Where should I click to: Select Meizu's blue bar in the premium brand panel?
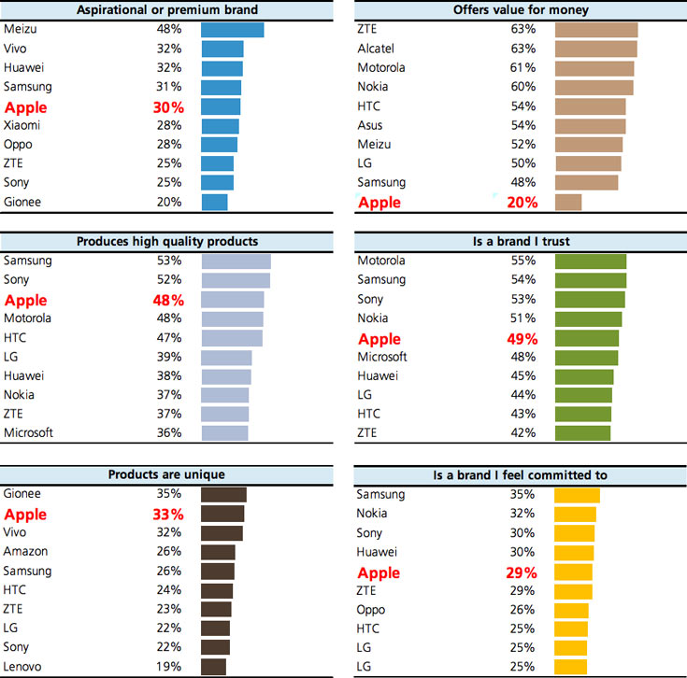(232, 29)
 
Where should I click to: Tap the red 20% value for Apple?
(522, 203)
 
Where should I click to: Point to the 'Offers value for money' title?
(521, 9)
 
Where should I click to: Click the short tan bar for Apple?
(568, 202)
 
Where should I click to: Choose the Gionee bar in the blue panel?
(214, 202)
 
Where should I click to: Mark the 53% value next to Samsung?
(169, 261)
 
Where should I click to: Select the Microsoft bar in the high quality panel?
(224, 432)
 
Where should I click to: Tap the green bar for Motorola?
(591, 261)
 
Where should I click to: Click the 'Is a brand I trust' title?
(521, 242)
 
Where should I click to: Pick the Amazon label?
(25, 551)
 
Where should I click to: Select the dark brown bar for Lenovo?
(213, 667)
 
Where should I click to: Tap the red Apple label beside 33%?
(25, 515)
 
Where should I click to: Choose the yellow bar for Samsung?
(577, 494)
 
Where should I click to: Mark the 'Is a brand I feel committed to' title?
(521, 474)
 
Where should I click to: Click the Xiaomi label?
(22, 125)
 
